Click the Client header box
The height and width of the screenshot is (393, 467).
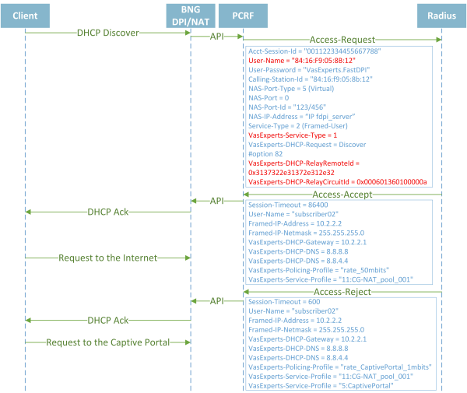pos(26,16)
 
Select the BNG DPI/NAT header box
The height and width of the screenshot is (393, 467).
pos(191,16)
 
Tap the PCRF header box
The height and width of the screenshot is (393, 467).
pos(243,16)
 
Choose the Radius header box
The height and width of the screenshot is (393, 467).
pos(441,16)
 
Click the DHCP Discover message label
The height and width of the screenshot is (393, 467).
pos(108,33)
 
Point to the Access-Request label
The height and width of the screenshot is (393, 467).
pos(342,40)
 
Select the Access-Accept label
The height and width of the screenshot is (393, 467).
pos(342,195)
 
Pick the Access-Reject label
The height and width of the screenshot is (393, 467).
pos(342,292)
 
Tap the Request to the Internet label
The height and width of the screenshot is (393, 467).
pos(107,258)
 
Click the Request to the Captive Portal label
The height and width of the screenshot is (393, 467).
pos(107,342)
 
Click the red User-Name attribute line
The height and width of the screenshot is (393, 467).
pos(302,61)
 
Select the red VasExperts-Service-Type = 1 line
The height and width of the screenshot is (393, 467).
pos(293,135)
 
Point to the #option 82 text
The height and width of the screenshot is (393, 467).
pos(265,154)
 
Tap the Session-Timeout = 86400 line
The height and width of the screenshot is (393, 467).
pos(288,205)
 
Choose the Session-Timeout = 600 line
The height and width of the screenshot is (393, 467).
pos(284,302)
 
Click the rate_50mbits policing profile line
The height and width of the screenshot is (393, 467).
pos(318,270)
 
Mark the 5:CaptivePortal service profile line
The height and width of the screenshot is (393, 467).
pos(321,386)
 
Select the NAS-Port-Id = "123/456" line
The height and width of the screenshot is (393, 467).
pos(287,107)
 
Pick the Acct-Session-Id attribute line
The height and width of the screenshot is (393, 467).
pos(314,51)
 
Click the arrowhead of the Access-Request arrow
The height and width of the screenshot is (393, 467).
pos(439,40)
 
